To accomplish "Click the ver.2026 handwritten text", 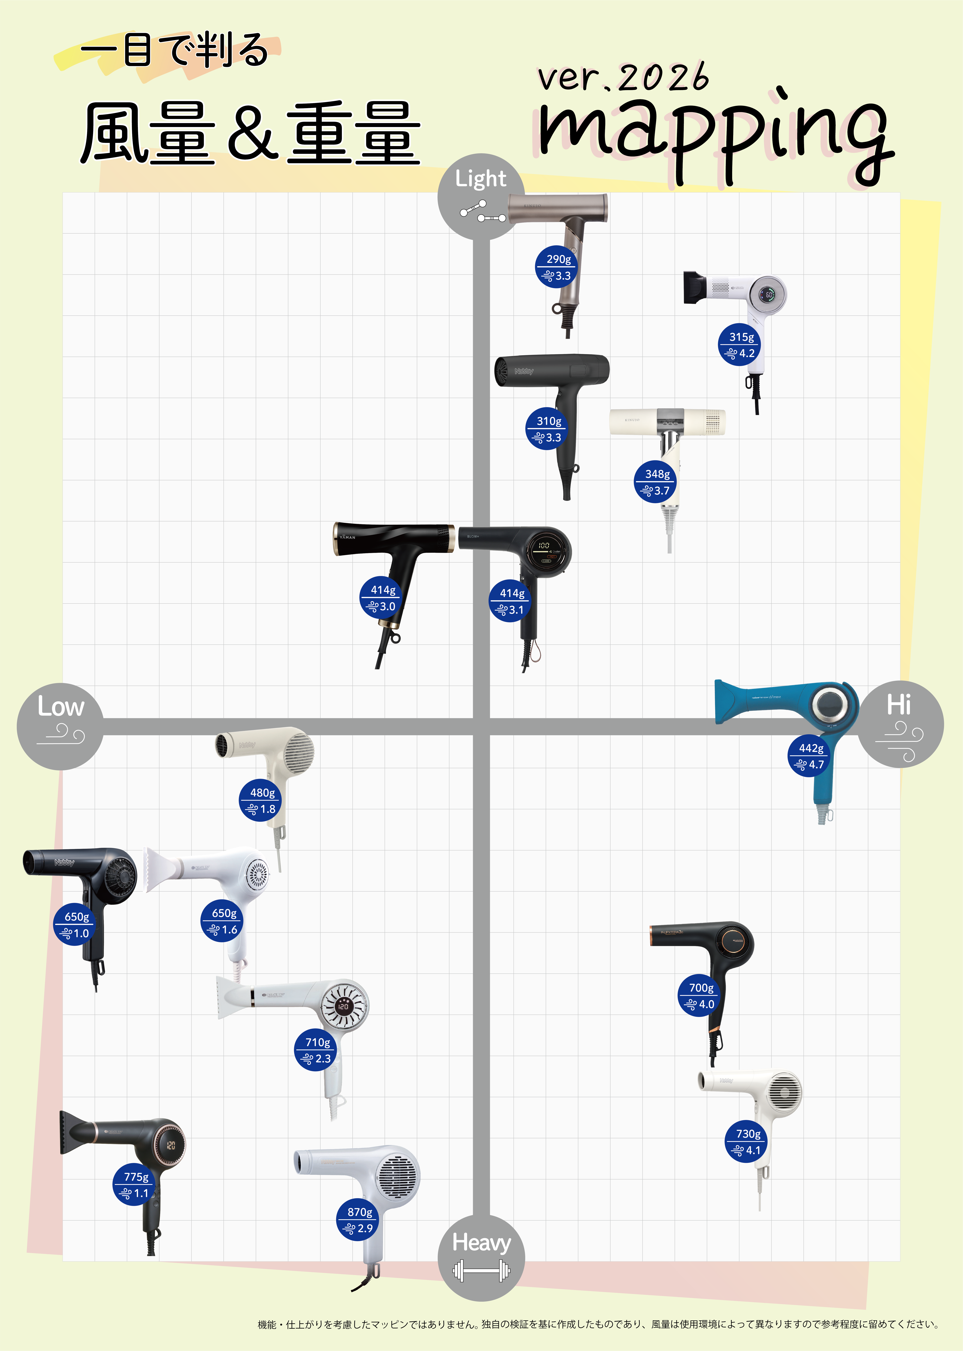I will [x=623, y=77].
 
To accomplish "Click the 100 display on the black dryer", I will [x=544, y=545].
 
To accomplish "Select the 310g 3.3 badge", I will [x=547, y=429].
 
